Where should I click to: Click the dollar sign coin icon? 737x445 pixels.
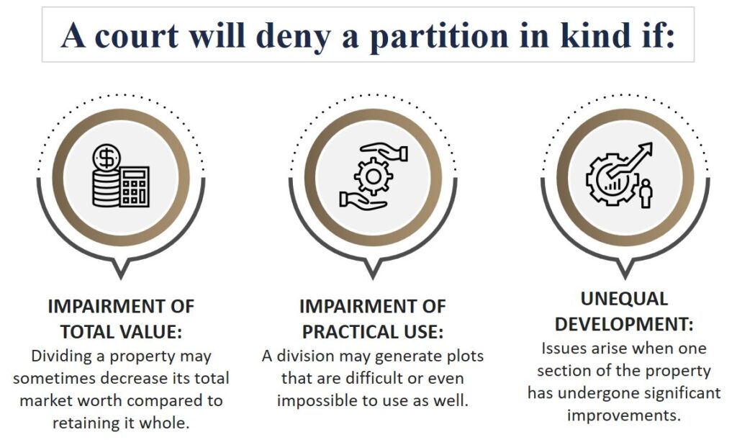pos(107,156)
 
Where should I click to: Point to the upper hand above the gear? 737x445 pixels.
pos(387,153)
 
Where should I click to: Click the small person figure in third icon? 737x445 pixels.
pos(645,192)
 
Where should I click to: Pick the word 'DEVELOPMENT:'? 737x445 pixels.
pos(624,324)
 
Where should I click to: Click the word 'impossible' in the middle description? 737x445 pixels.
pos(315,400)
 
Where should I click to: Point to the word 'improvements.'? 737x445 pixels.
pos(624,415)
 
